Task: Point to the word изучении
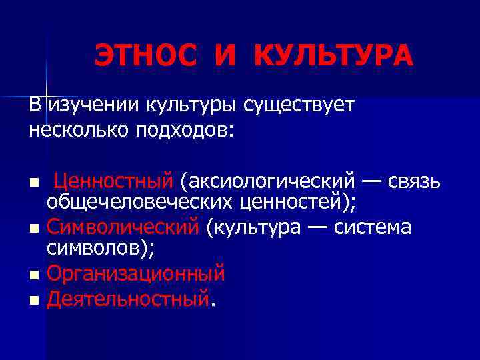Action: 91,105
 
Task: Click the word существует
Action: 299,105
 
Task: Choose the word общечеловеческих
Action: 124,202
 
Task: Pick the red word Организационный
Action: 136,274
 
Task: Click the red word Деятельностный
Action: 128,299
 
